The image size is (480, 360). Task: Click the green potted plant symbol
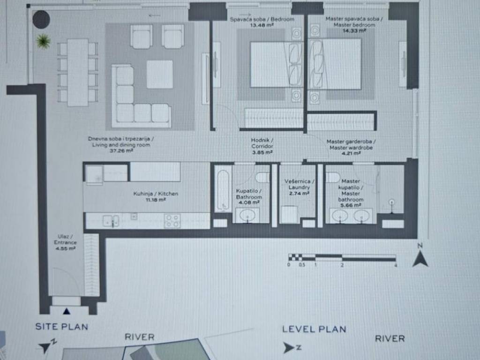43,41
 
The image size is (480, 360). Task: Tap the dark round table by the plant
41,20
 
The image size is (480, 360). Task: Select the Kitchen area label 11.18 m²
156,200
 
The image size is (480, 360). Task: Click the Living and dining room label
121,144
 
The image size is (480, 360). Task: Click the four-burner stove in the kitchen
172,221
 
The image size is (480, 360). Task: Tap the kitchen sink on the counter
111,221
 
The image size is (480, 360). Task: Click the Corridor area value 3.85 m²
262,152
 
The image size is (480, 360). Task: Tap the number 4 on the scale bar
396,265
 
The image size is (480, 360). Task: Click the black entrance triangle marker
67,311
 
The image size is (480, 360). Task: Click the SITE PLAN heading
61,327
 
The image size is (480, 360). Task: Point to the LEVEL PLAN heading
314,330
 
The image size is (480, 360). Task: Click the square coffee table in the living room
159,75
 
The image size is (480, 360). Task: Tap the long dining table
78,73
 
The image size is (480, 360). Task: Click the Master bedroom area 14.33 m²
354,31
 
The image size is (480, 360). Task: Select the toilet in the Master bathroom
333,177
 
